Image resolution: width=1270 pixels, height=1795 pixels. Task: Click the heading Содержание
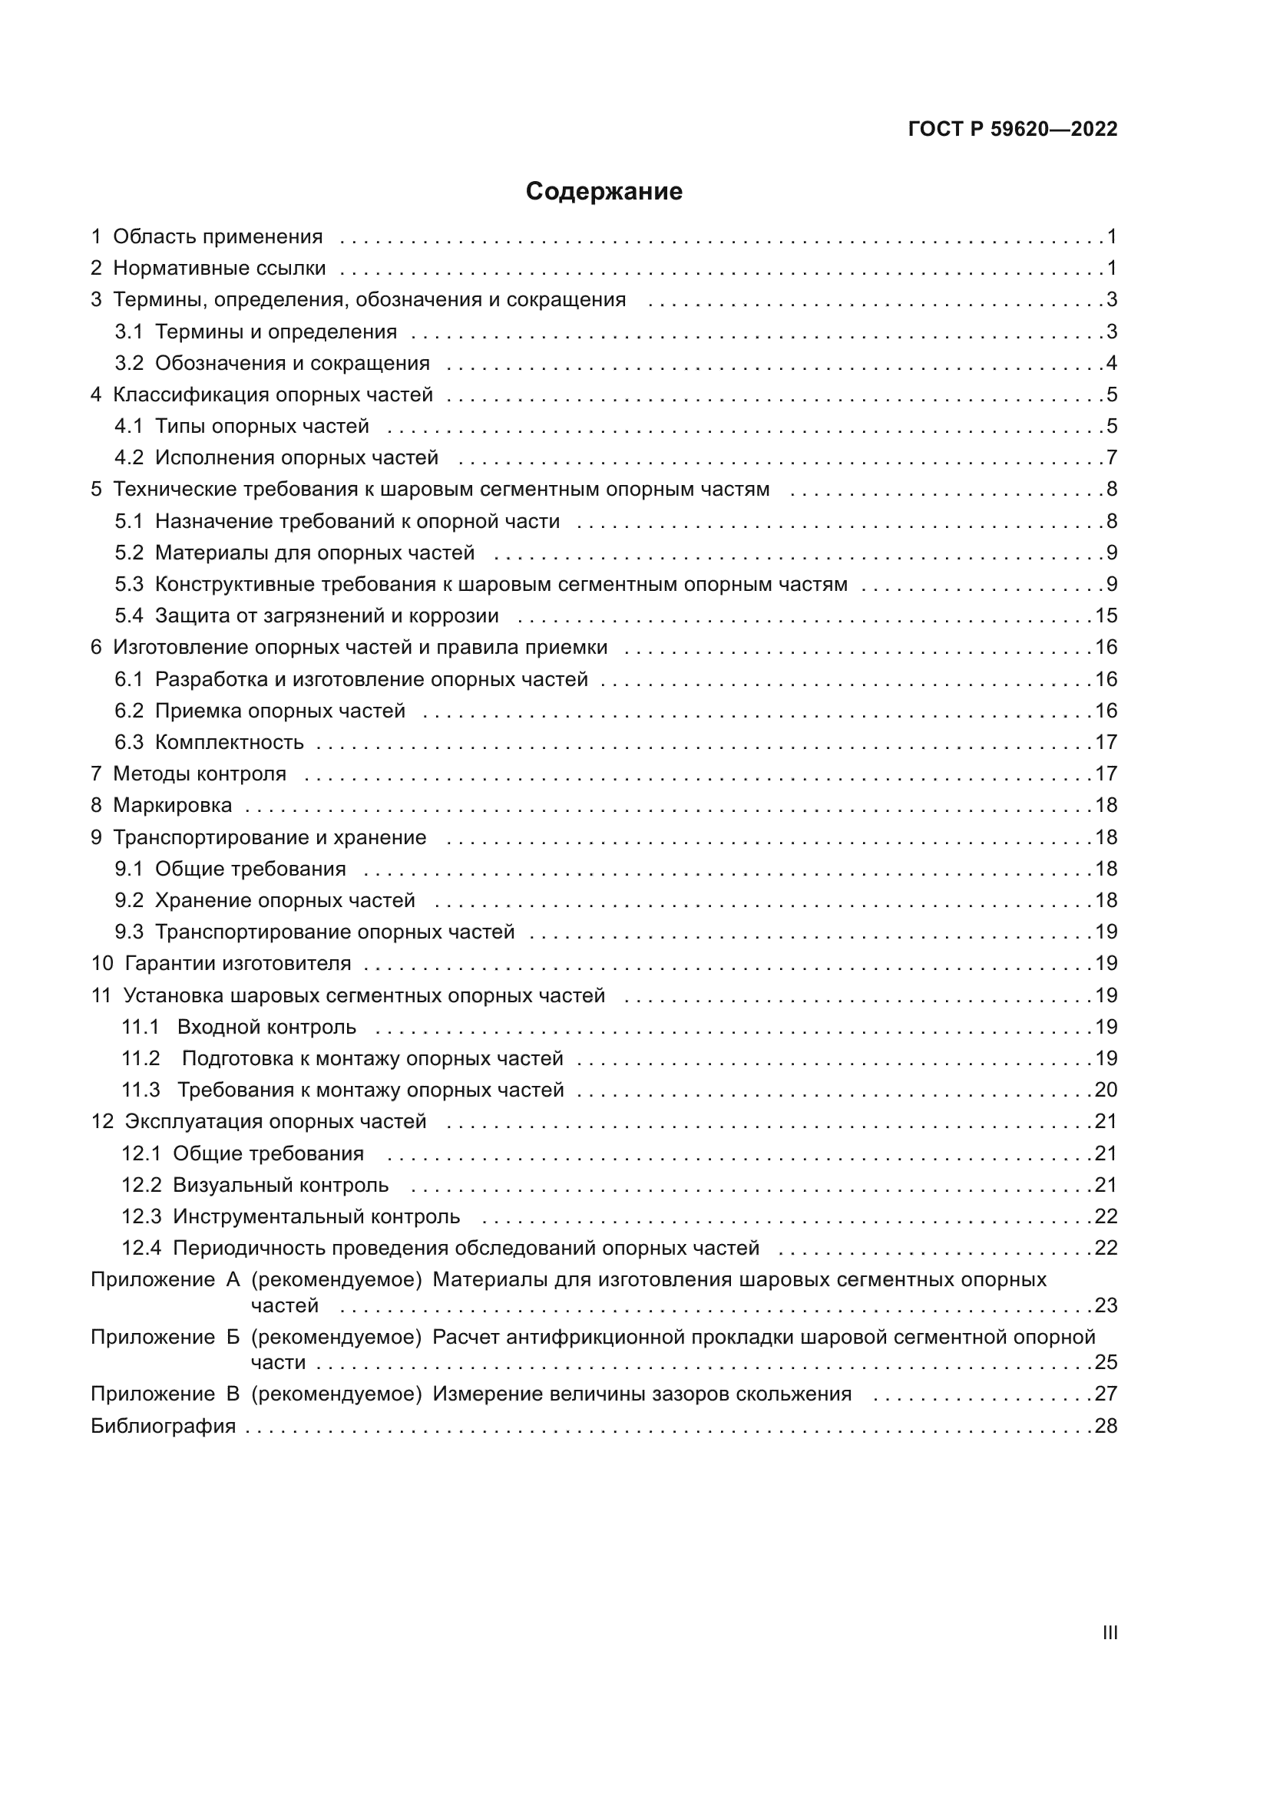click(x=604, y=192)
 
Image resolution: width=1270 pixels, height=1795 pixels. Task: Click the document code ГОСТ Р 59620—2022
click(x=1013, y=130)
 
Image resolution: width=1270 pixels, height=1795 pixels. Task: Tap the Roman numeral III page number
click(x=1109, y=1633)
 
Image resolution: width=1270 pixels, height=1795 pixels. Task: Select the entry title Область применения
click(x=217, y=237)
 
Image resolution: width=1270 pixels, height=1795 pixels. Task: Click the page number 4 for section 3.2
click(x=1111, y=364)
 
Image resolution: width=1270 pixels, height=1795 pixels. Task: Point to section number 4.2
click(x=129, y=458)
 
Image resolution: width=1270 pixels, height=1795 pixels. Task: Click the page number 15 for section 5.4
click(x=1106, y=616)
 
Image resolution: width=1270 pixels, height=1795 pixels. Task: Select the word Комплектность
click(x=229, y=743)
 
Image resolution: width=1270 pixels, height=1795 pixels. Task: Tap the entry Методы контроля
click(x=200, y=774)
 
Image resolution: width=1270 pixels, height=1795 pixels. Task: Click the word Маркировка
click(x=172, y=805)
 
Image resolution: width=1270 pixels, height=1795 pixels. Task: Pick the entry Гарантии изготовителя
click(x=238, y=964)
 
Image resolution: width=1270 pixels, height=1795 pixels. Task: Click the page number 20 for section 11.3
click(x=1106, y=1091)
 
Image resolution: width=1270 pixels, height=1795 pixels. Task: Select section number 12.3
click(x=141, y=1217)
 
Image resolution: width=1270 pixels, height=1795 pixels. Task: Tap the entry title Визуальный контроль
click(x=281, y=1185)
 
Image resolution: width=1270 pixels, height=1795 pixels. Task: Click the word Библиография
click(x=163, y=1427)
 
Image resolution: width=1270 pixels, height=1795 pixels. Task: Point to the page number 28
click(x=1106, y=1427)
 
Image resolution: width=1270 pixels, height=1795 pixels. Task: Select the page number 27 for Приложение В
click(x=1106, y=1394)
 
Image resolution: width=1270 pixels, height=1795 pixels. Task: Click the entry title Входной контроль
click(x=266, y=1028)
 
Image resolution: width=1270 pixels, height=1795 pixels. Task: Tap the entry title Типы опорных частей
click(x=261, y=427)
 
